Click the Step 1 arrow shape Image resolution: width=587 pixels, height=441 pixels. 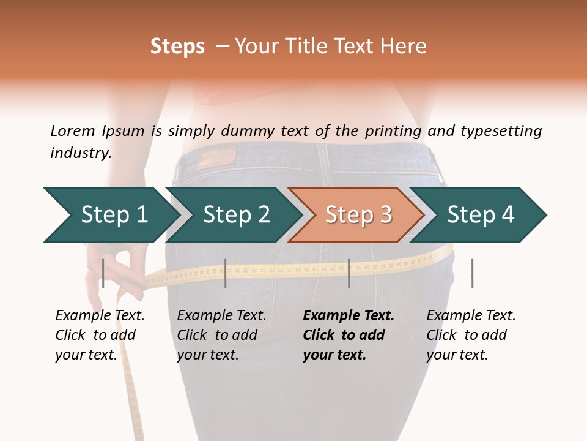(x=110, y=215)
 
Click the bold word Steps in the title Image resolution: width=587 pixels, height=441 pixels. (x=177, y=47)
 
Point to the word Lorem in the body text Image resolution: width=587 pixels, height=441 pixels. (x=73, y=131)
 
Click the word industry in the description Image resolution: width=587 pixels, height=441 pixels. (x=81, y=153)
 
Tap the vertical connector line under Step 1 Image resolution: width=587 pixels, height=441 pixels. (x=103, y=273)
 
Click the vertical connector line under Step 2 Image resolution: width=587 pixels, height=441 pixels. (x=226, y=273)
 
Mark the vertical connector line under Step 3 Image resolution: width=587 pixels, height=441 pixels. (x=349, y=273)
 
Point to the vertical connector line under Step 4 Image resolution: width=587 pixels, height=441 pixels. (x=472, y=273)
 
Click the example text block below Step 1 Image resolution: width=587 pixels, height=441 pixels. (x=100, y=335)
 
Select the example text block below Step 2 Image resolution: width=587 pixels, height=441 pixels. (x=221, y=335)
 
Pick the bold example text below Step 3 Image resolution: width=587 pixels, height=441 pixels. (x=349, y=335)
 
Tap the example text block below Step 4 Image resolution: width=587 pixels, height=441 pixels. (x=471, y=335)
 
